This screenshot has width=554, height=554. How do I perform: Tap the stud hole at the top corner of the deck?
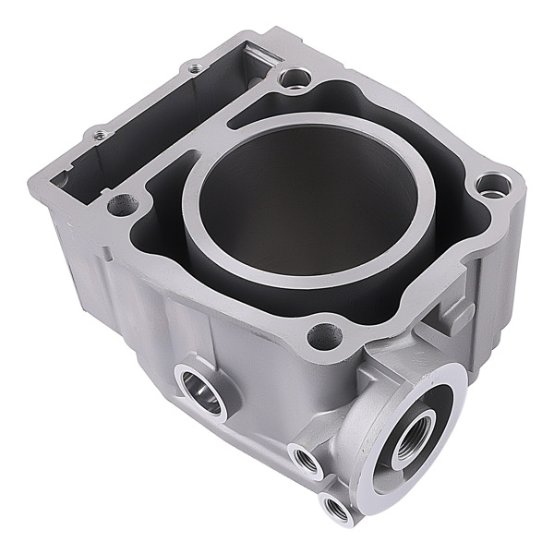point(295,78)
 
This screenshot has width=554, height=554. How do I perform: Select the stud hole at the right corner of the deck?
point(493,186)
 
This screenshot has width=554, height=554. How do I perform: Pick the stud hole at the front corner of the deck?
point(323,337)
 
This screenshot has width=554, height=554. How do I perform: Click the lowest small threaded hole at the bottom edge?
point(335,507)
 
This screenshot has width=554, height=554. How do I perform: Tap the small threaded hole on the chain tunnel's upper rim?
point(194,67)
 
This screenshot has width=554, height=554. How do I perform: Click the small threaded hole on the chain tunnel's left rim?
point(100,135)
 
